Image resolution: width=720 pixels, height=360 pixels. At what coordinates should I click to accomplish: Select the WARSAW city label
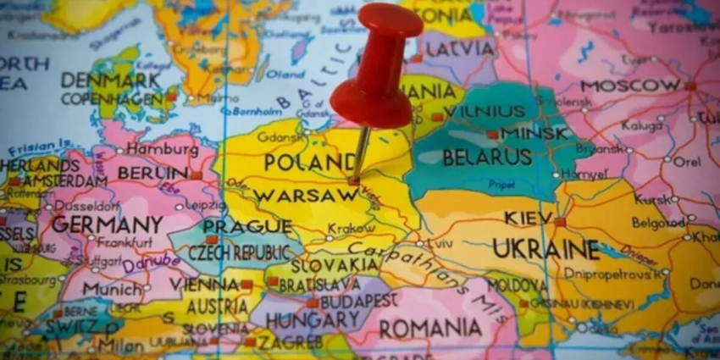293,196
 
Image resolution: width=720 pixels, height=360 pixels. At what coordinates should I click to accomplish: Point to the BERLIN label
152,173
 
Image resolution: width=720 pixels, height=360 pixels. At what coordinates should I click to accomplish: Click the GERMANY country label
107,224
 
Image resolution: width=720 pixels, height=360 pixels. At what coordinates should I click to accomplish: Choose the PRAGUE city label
246,226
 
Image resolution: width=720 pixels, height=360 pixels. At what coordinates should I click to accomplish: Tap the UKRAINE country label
546,249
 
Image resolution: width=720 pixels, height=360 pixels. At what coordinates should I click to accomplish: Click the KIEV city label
529,218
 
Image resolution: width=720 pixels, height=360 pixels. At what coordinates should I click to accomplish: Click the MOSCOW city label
630,86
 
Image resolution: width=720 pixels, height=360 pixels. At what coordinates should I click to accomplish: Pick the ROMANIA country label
430,328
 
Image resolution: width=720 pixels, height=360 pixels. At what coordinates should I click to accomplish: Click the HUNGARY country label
313,320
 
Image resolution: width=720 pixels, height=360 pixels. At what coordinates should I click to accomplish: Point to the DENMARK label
109,80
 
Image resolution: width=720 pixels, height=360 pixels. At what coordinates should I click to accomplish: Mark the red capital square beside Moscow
690,86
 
